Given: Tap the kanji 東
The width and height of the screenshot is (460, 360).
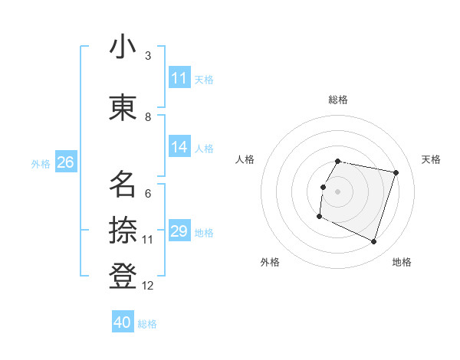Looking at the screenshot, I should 123,107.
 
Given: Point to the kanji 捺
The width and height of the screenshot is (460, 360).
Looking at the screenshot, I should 123,230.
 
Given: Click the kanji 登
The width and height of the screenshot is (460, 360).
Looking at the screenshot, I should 123,276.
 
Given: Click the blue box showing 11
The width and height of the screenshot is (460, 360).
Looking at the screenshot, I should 179,78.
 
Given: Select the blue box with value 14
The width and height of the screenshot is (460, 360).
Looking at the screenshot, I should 179,148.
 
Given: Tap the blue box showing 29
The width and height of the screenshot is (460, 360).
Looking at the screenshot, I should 179,232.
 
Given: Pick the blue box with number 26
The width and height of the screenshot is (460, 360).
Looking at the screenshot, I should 65,162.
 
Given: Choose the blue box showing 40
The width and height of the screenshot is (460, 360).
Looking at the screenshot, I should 123,322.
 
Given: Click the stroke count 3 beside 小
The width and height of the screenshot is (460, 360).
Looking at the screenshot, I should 148,56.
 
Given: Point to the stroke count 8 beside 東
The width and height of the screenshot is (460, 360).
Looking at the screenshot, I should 148,117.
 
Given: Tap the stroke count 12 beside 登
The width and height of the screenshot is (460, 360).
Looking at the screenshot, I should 148,286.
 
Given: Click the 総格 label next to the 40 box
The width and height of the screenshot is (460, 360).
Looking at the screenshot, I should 147,324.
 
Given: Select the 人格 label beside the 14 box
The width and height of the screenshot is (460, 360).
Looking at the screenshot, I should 204,149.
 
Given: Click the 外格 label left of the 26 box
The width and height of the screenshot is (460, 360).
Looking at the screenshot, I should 41,163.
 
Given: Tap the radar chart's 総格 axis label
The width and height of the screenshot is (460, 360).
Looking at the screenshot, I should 338,100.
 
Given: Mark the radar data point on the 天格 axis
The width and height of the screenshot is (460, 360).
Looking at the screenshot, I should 396,172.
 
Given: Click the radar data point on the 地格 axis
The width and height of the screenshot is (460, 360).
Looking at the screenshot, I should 374,242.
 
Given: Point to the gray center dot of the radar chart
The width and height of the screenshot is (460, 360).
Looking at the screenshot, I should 338,191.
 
